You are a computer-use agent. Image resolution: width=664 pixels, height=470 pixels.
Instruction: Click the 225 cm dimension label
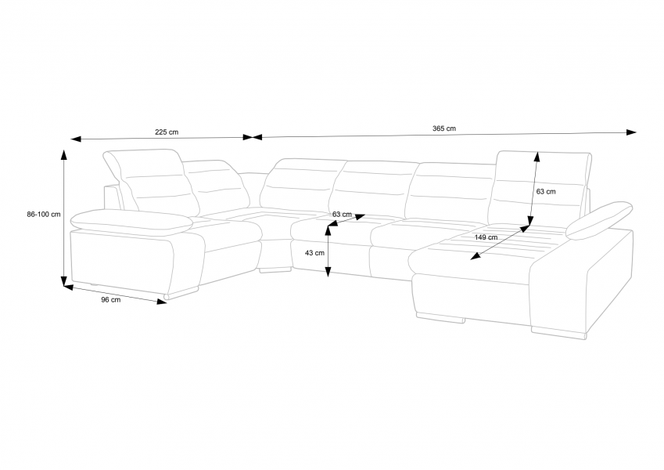point(167,132)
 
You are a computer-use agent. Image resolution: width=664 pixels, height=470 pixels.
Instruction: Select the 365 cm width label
point(444,128)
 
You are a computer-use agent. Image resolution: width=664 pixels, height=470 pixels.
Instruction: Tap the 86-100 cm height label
point(44,214)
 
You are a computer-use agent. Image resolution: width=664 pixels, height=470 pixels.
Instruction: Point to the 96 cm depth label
point(110,300)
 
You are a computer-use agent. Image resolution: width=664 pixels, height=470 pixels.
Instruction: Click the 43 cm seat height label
point(314,253)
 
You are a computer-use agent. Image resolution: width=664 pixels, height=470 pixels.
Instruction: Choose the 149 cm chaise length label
point(486,237)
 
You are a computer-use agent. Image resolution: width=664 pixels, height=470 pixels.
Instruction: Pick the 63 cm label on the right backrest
point(546,192)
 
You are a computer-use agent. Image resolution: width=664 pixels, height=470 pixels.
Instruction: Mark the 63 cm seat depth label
point(342,214)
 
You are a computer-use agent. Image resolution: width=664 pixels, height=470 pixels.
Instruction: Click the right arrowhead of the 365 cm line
point(631,132)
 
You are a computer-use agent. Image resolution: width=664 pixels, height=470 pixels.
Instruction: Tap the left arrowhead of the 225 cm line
point(76,139)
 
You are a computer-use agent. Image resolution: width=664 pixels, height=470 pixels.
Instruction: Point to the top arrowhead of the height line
point(64,154)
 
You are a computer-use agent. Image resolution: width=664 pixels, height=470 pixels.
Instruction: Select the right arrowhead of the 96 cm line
point(161,302)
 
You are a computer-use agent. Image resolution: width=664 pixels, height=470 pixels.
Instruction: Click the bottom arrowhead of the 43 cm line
point(328,272)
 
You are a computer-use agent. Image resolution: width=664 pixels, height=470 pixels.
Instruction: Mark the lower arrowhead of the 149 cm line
point(476,256)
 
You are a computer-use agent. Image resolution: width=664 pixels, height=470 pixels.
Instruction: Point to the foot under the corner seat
point(275,269)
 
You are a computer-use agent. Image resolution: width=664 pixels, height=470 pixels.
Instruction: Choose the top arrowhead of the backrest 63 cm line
point(537,157)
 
